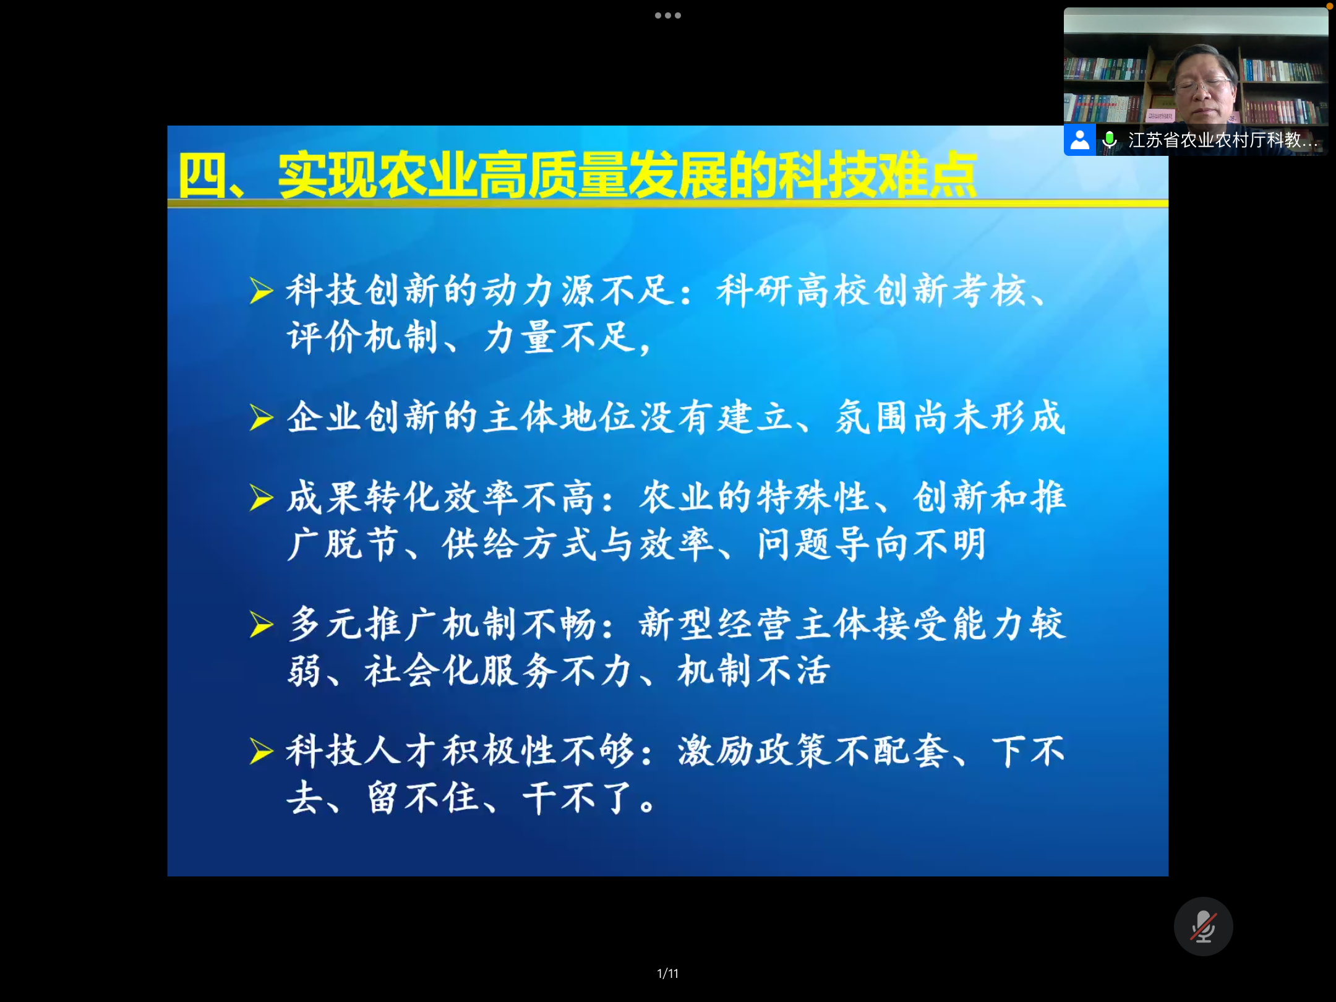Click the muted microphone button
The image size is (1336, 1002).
click(1203, 926)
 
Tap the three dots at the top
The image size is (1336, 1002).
click(668, 15)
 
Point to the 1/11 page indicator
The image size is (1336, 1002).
click(668, 974)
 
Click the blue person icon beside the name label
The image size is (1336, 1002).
click(1079, 140)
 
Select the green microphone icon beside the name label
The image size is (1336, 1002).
click(1110, 140)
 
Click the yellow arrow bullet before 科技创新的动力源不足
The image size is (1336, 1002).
click(261, 291)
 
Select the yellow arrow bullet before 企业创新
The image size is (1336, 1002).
click(261, 417)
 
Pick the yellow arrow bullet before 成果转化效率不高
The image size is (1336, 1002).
click(261, 498)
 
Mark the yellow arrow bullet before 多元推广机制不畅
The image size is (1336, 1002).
click(261, 624)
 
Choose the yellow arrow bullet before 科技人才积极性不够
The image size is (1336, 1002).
click(261, 751)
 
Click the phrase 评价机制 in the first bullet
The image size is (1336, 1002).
click(362, 338)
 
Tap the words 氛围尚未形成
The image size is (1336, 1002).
click(951, 417)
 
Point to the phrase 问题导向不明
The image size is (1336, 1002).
click(872, 544)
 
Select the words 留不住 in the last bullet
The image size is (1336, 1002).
click(423, 798)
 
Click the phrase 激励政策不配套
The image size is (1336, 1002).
click(813, 751)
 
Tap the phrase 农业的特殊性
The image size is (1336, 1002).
click(755, 497)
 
